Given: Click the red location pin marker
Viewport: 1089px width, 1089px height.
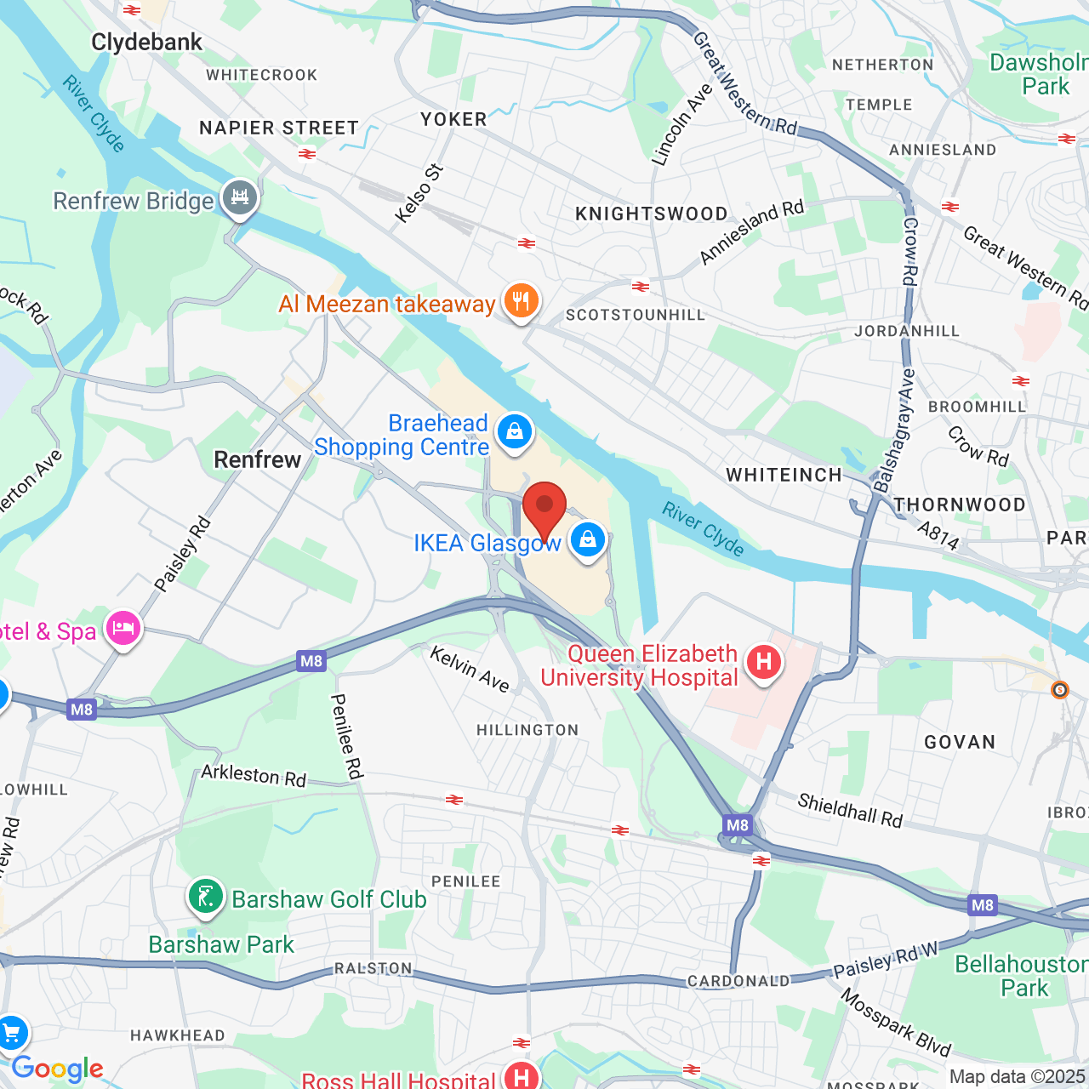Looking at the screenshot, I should pos(544,507).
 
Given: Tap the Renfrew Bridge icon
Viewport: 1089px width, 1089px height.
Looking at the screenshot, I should pos(240,198).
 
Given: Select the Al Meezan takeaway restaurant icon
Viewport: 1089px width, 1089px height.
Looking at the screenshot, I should pos(521,300).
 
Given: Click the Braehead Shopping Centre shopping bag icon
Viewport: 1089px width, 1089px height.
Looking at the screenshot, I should pos(514,431).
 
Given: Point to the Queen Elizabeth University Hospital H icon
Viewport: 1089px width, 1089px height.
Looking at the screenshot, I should pos(763,662).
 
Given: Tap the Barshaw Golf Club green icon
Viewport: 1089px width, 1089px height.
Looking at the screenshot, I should pos(205,897).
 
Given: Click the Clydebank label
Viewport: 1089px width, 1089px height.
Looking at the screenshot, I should pos(146,42).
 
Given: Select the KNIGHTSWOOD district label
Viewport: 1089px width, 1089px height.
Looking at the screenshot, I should pos(652,214).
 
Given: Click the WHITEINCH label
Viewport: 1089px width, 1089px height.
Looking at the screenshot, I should pos(784,475).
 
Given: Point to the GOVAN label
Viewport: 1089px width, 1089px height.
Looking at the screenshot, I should pos(960,742).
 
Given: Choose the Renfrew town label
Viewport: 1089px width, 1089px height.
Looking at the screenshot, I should pos(257,459).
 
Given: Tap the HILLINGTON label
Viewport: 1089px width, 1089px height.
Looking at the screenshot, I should pos(527,730).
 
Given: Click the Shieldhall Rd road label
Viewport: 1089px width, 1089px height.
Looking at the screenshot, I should pos(850,810).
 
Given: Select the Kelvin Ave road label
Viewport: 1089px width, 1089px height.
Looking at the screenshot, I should pos(470,669).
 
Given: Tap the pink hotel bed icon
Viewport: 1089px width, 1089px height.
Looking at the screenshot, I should pos(123,630).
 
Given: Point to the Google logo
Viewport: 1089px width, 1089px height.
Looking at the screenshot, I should pos(57,1069).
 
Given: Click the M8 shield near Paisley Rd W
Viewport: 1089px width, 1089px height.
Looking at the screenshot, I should pos(983,905).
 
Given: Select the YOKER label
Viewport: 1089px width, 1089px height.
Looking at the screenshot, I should pos(453,119).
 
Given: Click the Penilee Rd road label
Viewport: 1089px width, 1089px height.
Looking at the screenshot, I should pos(346,736).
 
